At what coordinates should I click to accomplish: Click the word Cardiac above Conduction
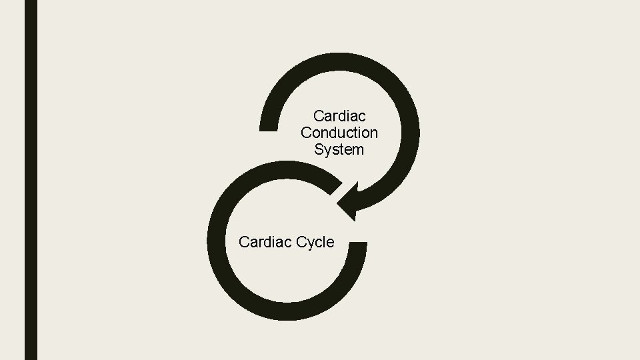tap(339, 117)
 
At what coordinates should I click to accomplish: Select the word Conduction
tap(339, 133)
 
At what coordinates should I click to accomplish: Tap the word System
tap(339, 150)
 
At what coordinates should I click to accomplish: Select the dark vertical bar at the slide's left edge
tap(31, 180)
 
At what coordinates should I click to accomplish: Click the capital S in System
tap(319, 150)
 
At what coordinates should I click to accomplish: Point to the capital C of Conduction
tap(306, 133)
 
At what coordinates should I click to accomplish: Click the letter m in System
tap(357, 150)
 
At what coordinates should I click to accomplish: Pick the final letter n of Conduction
tap(373, 133)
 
